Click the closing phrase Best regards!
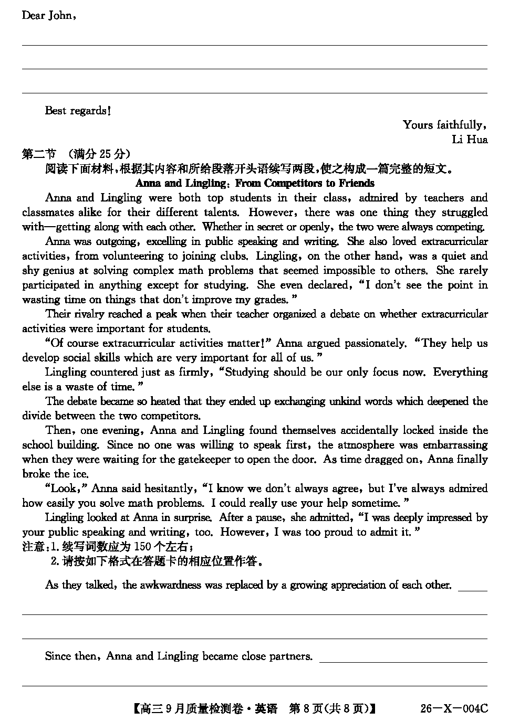point(78,110)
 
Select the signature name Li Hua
point(469,140)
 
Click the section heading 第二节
point(39,154)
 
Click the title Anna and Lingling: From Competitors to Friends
point(255,183)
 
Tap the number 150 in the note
point(142,547)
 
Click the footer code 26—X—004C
point(454,709)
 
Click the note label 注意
point(33,547)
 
